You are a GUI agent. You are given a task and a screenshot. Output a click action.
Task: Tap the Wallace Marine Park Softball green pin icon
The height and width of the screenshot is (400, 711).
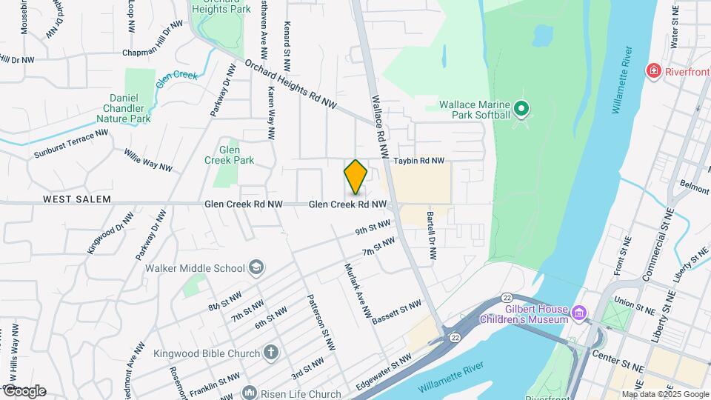point(521,110)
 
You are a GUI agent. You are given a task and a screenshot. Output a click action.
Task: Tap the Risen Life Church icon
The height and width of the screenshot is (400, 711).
point(249,393)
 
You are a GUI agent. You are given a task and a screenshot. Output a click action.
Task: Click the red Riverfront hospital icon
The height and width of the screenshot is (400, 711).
point(653,72)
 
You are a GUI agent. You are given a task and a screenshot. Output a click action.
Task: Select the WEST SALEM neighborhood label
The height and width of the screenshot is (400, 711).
point(77,199)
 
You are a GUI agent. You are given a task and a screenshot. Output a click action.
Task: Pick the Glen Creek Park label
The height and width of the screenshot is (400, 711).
point(234,154)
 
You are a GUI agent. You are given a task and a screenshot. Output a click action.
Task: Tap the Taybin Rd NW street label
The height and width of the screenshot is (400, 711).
point(418,161)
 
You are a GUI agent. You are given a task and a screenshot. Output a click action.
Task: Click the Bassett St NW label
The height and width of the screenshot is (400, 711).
point(396,312)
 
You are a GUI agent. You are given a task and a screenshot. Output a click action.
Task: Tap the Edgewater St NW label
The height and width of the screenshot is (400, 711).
point(383,371)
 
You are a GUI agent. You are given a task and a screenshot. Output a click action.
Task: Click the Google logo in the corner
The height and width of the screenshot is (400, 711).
point(24,391)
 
